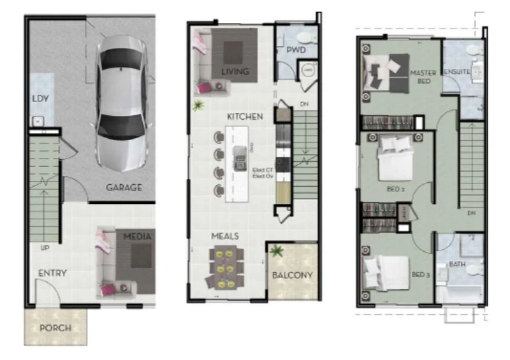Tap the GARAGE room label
point(124,188)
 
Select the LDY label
point(41,99)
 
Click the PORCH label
point(55,328)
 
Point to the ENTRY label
point(52,273)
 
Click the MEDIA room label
point(137,237)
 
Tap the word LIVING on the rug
point(235,71)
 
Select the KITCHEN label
point(245,117)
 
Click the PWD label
point(296,49)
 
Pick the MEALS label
point(225,236)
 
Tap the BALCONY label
point(293,275)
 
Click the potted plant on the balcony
point(276,252)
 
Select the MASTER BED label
point(423,77)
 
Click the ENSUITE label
point(456,71)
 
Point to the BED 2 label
point(395,189)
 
